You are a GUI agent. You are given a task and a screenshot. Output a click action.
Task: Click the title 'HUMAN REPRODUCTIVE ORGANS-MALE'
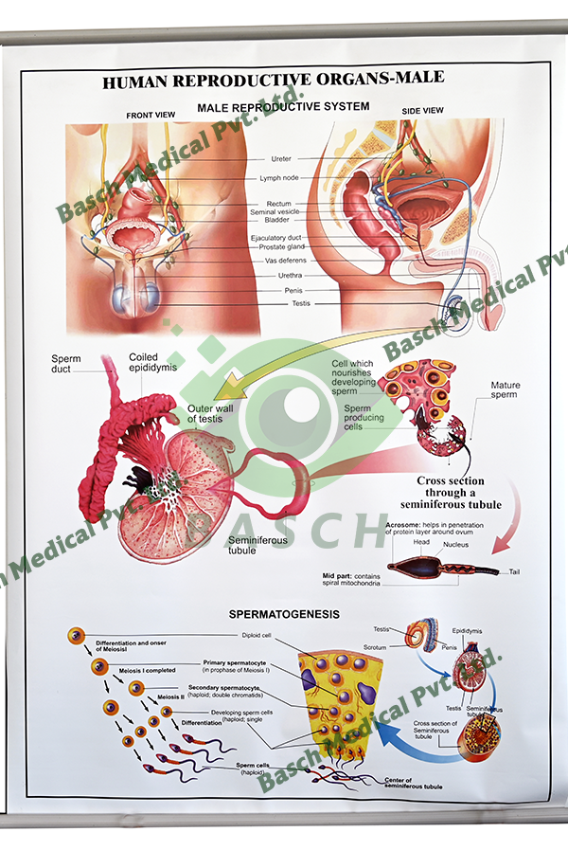pos(273,82)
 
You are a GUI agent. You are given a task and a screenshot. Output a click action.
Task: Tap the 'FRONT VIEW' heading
pos(152,116)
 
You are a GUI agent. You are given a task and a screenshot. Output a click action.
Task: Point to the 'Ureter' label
pos(281,159)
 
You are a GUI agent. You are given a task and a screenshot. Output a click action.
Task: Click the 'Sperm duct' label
pos(66,365)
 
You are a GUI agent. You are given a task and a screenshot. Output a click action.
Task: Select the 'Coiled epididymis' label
pos(152,363)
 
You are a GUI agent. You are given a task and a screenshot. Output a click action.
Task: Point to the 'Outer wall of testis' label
pos(208,412)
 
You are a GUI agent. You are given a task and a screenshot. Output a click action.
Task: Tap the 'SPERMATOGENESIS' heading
pos(270,615)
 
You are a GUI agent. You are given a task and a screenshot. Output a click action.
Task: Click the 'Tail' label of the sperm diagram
pos(514,571)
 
